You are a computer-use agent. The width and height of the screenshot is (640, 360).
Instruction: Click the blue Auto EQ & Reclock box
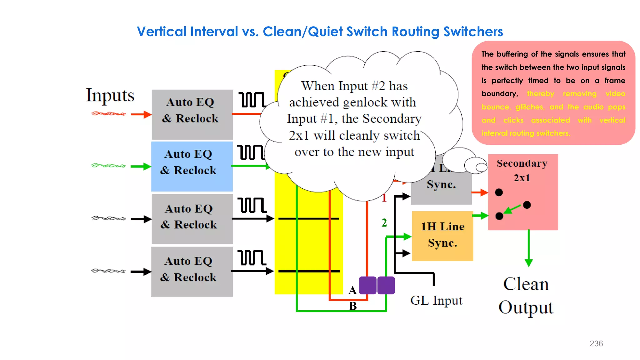(x=192, y=166)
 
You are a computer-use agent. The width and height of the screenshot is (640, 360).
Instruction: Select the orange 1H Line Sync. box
(x=442, y=236)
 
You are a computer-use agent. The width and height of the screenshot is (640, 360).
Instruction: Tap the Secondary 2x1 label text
(x=522, y=170)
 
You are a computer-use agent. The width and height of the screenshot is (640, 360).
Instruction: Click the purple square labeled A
(x=367, y=285)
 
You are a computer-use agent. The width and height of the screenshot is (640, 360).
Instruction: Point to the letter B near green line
(x=353, y=306)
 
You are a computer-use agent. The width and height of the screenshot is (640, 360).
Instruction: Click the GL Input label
(x=436, y=300)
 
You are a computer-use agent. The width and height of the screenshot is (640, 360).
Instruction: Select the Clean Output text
(x=526, y=296)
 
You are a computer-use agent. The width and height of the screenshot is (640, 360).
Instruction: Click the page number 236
(x=596, y=343)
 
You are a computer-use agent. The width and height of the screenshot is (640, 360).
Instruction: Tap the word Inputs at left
(x=110, y=95)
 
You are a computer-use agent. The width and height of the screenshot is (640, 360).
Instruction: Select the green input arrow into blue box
(x=141, y=166)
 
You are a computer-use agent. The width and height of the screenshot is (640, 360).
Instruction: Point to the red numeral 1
(x=384, y=197)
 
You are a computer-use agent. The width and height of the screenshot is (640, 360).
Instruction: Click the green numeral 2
(x=384, y=223)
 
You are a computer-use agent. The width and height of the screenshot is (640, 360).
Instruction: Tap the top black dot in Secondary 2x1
(x=499, y=192)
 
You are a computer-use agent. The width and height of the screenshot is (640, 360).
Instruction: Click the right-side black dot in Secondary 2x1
(x=527, y=205)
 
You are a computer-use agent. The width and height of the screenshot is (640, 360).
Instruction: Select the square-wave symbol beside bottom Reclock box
(x=252, y=258)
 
